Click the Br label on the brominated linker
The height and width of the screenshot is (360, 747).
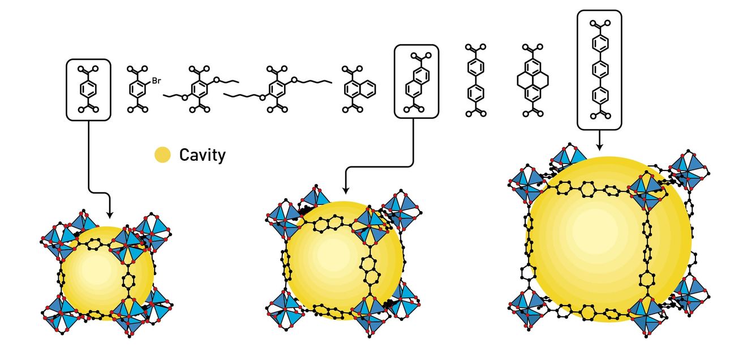coord(156,81)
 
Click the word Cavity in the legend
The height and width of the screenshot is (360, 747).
coord(203,155)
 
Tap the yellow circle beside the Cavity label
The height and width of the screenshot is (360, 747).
coord(163,155)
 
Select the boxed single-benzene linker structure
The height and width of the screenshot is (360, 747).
coord(88,89)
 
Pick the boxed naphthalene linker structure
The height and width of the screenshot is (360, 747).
coord(417,82)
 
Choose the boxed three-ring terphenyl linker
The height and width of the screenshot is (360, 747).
coord(600,70)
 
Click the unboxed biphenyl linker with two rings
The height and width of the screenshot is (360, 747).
coord(475,80)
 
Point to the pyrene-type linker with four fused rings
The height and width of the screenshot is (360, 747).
coord(533,80)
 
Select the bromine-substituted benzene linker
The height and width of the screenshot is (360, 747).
coord(141,89)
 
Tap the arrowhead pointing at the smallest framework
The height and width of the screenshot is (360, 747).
coord(110,215)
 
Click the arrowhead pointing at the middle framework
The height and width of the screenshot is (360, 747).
coord(346,191)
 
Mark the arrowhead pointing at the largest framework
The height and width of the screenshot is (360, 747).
coord(600,147)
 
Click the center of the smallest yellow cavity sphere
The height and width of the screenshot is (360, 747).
coord(108,273)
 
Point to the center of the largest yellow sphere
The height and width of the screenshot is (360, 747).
coord(609,239)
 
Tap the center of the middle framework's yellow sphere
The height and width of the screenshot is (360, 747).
coord(345,260)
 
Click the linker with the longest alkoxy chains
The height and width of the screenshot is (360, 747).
coord(277,89)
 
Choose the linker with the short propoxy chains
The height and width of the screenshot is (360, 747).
coord(201,89)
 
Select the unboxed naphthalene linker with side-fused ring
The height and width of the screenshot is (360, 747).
coord(358,89)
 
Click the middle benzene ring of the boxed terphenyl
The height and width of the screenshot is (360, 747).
coord(600,70)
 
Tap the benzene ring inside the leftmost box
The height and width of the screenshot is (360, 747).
coord(88,89)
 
